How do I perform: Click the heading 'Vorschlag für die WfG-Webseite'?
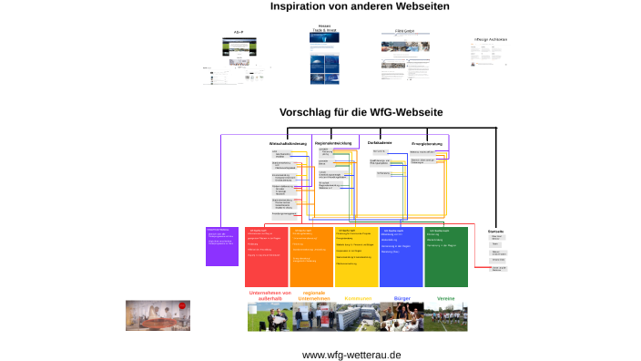pyautogui.click(x=361, y=112)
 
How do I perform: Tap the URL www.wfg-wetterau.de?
pyautogui.click(x=351, y=355)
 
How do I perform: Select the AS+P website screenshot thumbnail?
pyautogui.click(x=239, y=51)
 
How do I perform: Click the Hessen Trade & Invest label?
pyautogui.click(x=323, y=29)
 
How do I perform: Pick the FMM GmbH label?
pyautogui.click(x=405, y=32)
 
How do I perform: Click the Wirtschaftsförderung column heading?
pyautogui.click(x=287, y=144)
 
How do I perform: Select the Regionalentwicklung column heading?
pyautogui.click(x=332, y=143)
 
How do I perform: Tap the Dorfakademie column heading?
pyautogui.click(x=380, y=143)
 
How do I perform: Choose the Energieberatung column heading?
pyautogui.click(x=427, y=143)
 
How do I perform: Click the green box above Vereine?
pyautogui.click(x=446, y=257)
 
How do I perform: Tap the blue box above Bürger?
pyautogui.click(x=402, y=257)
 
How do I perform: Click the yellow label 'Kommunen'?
pyautogui.click(x=357, y=298)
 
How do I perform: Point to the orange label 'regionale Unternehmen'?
pyautogui.click(x=312, y=296)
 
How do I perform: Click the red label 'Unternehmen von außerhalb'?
pyautogui.click(x=269, y=296)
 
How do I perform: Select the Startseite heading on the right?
pyautogui.click(x=496, y=231)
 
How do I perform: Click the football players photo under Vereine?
pyautogui.click(x=446, y=317)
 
